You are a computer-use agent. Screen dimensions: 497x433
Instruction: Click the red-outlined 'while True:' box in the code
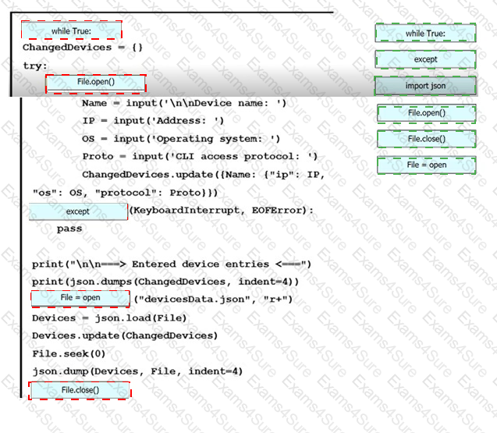point(71,30)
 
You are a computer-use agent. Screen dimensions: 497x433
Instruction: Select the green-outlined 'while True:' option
point(425,33)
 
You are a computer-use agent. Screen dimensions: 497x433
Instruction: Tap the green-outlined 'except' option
point(425,59)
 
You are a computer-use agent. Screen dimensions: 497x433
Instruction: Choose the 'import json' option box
point(425,86)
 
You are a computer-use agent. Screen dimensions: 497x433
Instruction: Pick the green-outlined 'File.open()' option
point(427,113)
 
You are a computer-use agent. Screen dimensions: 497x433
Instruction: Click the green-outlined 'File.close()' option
point(427,139)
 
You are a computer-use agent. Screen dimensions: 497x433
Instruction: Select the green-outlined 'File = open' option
point(427,165)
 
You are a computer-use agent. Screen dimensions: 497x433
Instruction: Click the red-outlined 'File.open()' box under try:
point(96,83)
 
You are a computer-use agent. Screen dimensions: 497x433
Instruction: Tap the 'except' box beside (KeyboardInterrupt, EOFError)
point(78,211)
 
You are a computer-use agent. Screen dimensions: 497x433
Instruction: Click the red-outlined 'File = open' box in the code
point(80,299)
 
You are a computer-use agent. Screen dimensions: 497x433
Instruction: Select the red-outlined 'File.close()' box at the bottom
point(80,390)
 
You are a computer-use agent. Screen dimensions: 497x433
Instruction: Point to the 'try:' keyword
point(35,66)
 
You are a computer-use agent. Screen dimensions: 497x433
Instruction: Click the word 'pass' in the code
point(69,229)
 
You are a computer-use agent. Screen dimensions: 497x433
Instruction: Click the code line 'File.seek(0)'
point(69,353)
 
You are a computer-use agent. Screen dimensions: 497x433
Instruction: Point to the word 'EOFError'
point(276,210)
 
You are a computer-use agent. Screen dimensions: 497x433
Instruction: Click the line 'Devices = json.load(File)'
point(109,318)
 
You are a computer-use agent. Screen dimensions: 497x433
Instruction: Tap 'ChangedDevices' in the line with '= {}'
point(67,48)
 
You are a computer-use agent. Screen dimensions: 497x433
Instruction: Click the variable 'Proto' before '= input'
point(98,156)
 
